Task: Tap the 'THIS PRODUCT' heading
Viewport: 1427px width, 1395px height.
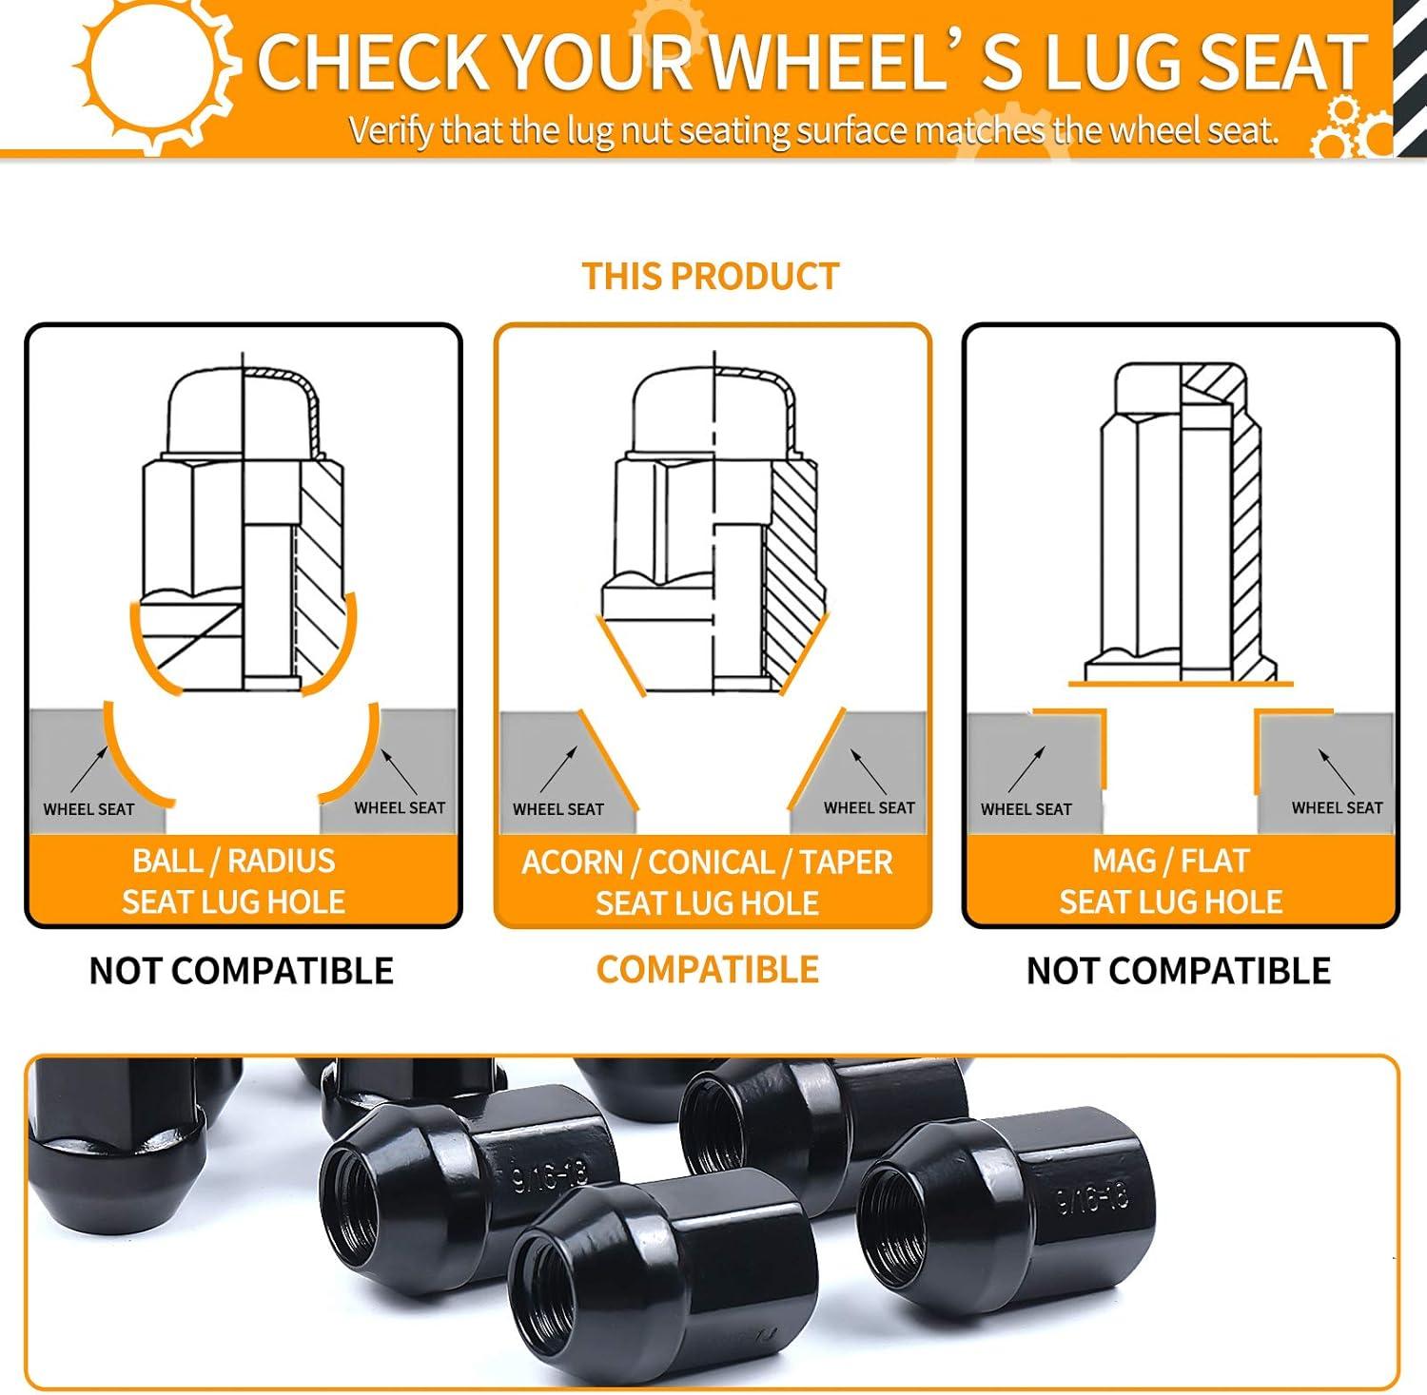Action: coord(711,276)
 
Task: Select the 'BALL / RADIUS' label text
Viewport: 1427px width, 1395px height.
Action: coord(234,861)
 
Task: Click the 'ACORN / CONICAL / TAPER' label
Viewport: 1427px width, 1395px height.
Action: coord(707,862)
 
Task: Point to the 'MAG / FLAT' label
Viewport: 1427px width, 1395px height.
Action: coord(1170,861)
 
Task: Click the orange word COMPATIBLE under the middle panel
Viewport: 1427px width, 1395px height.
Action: coord(708,969)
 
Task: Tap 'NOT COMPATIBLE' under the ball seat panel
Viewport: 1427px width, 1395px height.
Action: coord(242,970)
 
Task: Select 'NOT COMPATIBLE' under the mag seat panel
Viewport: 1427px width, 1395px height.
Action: coord(1179,970)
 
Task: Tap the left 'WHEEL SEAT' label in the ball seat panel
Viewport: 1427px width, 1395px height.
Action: coord(88,809)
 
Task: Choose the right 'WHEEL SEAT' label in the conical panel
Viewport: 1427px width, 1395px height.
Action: coord(869,807)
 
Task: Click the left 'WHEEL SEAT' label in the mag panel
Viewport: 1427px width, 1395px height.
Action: coord(1026,809)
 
